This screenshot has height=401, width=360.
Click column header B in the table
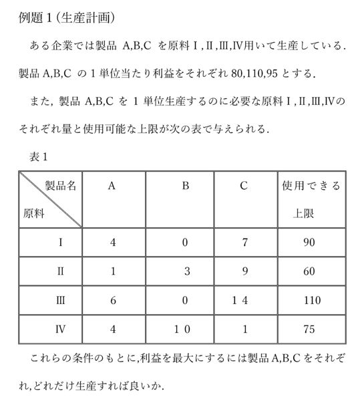(185, 186)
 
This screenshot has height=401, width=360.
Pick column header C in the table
(244, 186)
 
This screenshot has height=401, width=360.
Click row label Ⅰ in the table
(61, 243)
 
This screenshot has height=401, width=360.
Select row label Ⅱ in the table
(61, 271)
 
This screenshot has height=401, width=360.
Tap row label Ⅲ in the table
(61, 301)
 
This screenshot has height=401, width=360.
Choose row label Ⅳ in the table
(61, 329)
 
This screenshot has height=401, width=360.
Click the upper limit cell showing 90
(308, 243)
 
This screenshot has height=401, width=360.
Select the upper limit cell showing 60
(308, 271)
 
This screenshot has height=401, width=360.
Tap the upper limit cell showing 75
(308, 329)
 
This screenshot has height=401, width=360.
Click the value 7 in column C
(244, 243)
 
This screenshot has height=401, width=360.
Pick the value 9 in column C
(244, 271)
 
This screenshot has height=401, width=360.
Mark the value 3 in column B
(189, 271)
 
